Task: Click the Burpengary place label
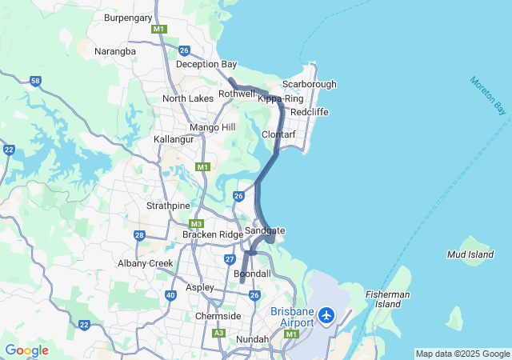129,16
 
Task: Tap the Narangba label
116,50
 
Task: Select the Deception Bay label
206,64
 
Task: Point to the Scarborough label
309,84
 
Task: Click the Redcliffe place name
310,112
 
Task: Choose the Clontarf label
279,134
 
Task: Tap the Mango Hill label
213,127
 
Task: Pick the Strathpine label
166,205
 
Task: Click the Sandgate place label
265,230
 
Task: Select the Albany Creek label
145,263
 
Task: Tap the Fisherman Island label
388,299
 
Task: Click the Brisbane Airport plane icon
326,315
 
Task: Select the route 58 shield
35,81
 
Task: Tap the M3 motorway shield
196,224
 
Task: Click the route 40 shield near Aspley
170,295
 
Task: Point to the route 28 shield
139,235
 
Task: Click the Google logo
26,350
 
